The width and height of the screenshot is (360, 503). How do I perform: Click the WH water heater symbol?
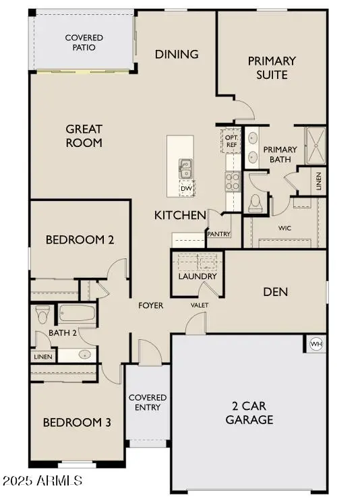316,344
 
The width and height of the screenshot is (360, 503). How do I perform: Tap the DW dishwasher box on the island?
187,188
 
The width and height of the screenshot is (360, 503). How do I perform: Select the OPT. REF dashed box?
231,141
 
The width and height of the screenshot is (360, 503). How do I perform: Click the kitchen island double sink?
185,169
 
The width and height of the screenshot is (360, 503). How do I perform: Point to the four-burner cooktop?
233,181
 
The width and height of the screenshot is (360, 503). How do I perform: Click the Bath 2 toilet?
43,314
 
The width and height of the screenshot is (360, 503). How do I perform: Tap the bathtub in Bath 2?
78,313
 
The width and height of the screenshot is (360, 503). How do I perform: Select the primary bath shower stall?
316,146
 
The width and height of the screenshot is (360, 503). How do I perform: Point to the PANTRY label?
219,234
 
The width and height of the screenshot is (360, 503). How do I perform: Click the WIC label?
285,228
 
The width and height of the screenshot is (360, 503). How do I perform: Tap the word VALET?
200,305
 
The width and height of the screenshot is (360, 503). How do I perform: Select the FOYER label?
151,305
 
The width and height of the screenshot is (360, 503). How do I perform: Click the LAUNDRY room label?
198,276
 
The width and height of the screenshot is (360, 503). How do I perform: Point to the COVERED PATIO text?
84,42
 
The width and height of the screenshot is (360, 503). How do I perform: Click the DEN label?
275,291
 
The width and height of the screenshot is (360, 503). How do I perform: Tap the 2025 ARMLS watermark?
42,481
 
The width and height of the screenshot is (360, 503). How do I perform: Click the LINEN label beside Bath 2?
43,357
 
